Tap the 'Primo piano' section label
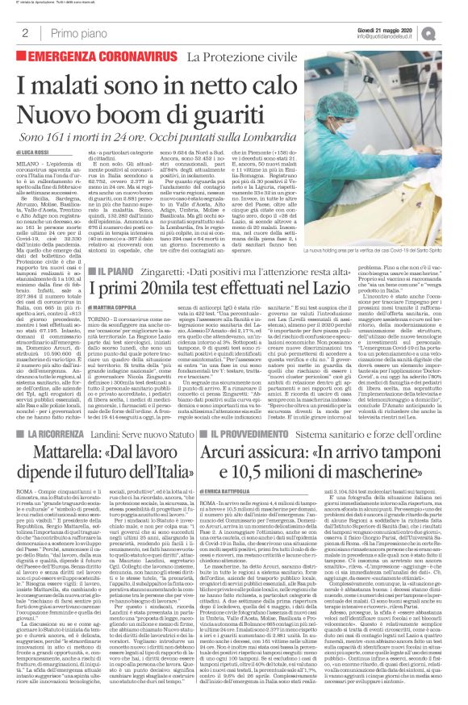[x=72, y=32]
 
